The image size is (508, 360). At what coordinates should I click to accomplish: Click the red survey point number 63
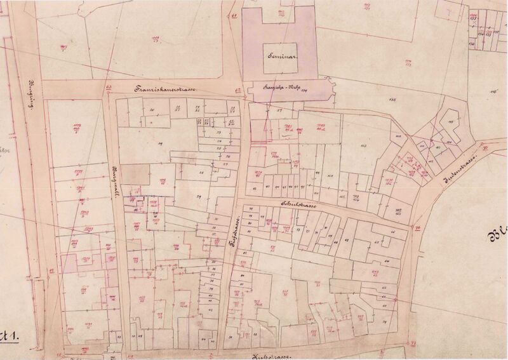pos(109,88)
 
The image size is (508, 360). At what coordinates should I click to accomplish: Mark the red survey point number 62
pos(238,91)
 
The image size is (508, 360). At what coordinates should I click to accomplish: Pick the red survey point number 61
pos(234,16)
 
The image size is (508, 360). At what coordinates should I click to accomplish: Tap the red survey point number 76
pos(418,229)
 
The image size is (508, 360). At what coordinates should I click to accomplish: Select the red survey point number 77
pos(413,343)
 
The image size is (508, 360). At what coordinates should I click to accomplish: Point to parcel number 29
pos(198,197)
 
